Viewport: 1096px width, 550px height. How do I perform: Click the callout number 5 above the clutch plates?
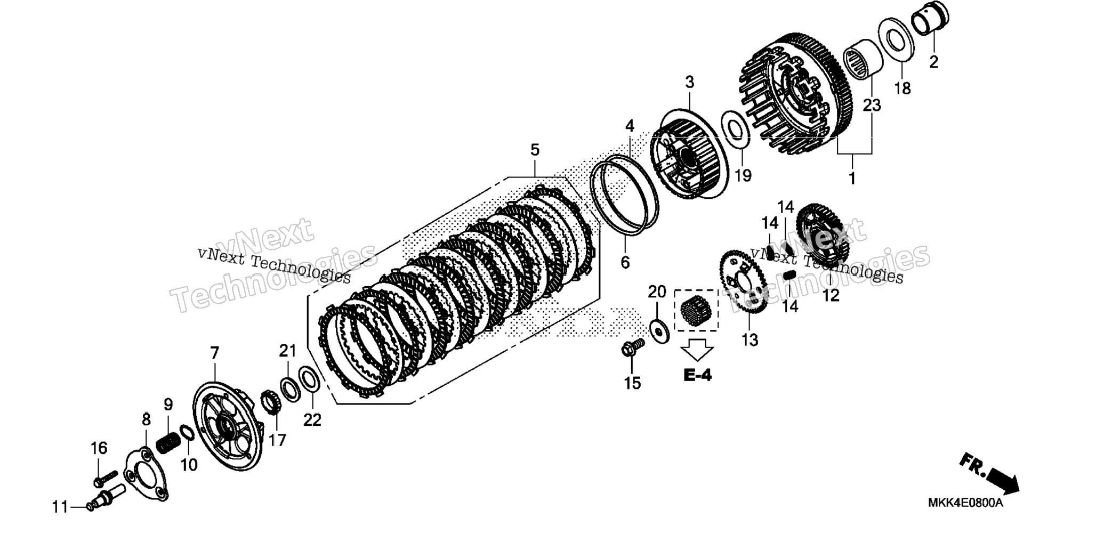[535, 150]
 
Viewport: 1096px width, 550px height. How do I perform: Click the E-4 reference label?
[697, 376]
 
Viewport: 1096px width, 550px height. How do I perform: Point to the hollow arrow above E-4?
[697, 350]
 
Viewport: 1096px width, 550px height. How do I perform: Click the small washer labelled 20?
[660, 331]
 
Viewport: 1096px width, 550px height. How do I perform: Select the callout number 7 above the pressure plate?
[214, 353]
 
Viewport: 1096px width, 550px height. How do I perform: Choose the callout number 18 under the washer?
[902, 88]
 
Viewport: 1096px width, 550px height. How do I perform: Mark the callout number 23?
[872, 106]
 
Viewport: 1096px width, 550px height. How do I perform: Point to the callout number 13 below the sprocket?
[750, 339]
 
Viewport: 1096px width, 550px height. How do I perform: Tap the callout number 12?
[831, 295]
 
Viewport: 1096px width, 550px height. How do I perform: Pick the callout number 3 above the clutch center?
[690, 83]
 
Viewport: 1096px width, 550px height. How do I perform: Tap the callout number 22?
[312, 419]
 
